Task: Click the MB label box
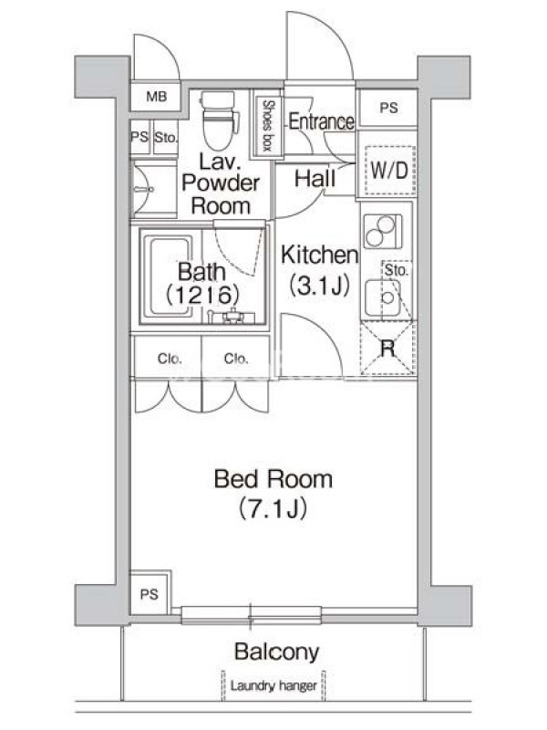pyautogui.click(x=155, y=97)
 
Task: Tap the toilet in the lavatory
pyautogui.click(x=219, y=120)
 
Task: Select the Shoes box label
pyautogui.click(x=267, y=126)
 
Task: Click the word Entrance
pyautogui.click(x=321, y=121)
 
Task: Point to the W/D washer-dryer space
pyautogui.click(x=389, y=171)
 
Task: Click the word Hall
pyautogui.click(x=315, y=178)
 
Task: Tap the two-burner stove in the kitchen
pyautogui.click(x=383, y=232)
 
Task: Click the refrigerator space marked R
pyautogui.click(x=387, y=349)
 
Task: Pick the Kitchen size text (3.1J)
pyautogui.click(x=319, y=285)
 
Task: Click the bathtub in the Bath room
pyautogui.click(x=169, y=277)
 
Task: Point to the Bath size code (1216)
pyautogui.click(x=202, y=294)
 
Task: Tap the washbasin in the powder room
pyautogui.click(x=143, y=189)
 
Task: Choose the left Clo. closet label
pyautogui.click(x=170, y=359)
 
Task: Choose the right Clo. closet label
pyautogui.click(x=236, y=359)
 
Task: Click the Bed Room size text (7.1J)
pyautogui.click(x=273, y=508)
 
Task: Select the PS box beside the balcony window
pyautogui.click(x=150, y=593)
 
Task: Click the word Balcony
pyautogui.click(x=276, y=652)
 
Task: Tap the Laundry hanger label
pyautogui.click(x=273, y=686)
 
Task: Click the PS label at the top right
pyautogui.click(x=388, y=108)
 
